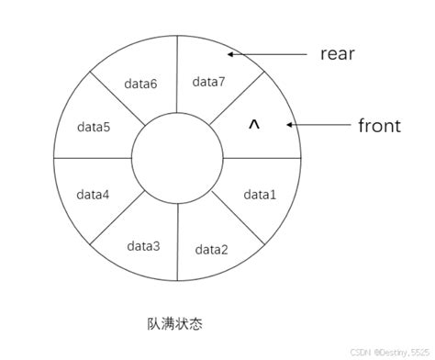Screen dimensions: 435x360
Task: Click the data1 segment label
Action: pyautogui.click(x=260, y=195)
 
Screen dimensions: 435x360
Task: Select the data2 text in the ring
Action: pyautogui.click(x=211, y=249)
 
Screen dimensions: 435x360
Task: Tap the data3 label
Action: pyautogui.click(x=143, y=245)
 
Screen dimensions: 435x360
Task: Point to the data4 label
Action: pyautogui.click(x=93, y=195)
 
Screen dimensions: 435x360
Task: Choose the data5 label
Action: pyautogui.click(x=94, y=127)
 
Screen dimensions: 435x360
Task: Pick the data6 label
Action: pyautogui.click(x=139, y=84)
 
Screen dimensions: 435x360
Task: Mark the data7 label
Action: pyautogui.click(x=208, y=81)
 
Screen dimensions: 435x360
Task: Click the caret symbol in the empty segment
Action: pyautogui.click(x=254, y=125)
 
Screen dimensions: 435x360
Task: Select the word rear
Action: pyautogui.click(x=337, y=54)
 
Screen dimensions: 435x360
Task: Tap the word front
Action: pyautogui.click(x=379, y=125)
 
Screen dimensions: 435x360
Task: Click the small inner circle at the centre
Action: pyautogui.click(x=177, y=157)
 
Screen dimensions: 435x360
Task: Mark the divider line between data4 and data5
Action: pyautogui.click(x=92, y=157)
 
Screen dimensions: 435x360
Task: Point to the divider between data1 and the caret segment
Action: pyautogui.click(x=262, y=157)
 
